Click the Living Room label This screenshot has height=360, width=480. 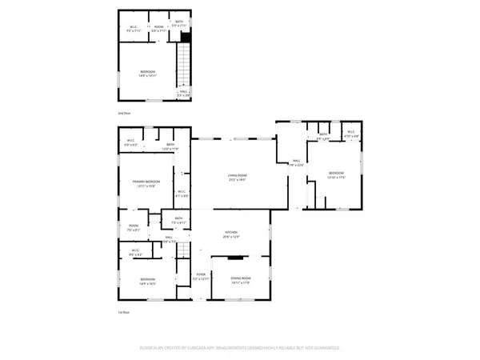236,180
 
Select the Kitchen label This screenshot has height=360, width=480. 231,236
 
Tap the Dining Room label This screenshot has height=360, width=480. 242,281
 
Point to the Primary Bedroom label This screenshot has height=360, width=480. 146,183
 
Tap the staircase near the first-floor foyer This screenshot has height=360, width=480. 183,250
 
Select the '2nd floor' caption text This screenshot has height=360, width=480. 125,114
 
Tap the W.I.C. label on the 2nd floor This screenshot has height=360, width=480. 134,29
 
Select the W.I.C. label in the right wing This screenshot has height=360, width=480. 351,136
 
